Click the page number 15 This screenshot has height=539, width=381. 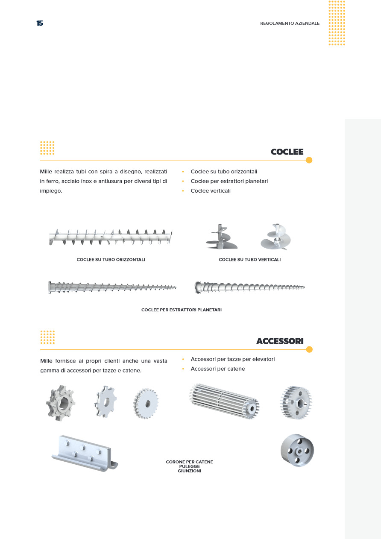[x=40, y=23]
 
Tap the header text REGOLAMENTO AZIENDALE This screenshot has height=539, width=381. [x=290, y=23]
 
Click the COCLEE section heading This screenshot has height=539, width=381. [x=287, y=152]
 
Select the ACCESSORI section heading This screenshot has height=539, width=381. [x=280, y=341]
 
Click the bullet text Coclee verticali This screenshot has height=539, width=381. [x=211, y=191]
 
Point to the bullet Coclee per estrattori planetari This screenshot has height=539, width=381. [x=229, y=181]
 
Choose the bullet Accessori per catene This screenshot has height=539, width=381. [x=218, y=369]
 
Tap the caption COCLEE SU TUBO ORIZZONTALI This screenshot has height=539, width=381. [x=111, y=260]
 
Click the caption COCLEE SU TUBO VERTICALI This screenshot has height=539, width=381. [x=249, y=260]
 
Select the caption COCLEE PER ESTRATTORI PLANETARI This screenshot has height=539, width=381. [x=181, y=310]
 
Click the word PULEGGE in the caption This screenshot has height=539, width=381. [x=189, y=466]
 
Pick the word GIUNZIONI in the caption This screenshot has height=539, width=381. [x=189, y=471]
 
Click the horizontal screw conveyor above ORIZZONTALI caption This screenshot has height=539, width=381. [x=111, y=237]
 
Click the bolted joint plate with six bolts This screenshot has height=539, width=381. [x=85, y=453]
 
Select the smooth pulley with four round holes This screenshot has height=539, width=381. [x=297, y=450]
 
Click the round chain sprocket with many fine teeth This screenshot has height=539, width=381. [x=146, y=403]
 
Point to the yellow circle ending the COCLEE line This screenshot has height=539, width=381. [x=309, y=160]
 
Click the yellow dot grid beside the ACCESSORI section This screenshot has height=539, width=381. [x=47, y=337]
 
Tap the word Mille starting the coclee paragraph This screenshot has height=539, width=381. [x=46, y=172]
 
